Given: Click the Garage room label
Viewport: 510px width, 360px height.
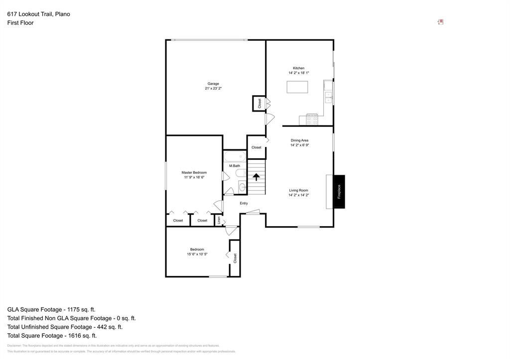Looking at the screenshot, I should tap(213, 84).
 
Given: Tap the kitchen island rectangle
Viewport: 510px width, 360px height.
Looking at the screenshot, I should tap(297, 87).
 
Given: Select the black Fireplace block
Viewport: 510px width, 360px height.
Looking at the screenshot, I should tap(339, 192).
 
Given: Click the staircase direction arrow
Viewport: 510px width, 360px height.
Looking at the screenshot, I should tap(256, 177).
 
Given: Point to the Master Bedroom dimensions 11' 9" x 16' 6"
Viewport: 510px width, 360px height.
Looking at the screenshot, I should tap(194, 177).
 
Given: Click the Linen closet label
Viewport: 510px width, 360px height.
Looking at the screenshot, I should tap(219, 220).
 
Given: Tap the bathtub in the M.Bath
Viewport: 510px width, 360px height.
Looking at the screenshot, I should tap(235, 156).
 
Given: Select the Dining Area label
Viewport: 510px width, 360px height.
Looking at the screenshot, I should tap(299, 140).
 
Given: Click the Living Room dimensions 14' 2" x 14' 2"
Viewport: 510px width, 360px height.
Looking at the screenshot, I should tap(299, 195).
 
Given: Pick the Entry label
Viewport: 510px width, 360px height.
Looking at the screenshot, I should tap(244, 203).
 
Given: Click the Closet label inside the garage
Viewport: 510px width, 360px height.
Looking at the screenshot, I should tap(259, 103).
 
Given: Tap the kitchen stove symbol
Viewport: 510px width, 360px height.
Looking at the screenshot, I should tap(312, 120).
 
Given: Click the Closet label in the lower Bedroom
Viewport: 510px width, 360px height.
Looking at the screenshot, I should tap(235, 258).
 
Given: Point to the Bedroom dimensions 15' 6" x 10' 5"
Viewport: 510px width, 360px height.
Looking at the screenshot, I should tap(197, 254).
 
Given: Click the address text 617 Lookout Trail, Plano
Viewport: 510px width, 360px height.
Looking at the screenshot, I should tap(38, 14).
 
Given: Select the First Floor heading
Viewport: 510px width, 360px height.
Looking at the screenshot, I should tap(20, 23).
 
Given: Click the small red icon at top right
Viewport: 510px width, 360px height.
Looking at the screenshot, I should tap(440, 22).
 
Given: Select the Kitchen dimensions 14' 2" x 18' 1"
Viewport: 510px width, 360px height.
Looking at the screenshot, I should tap(299, 73).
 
